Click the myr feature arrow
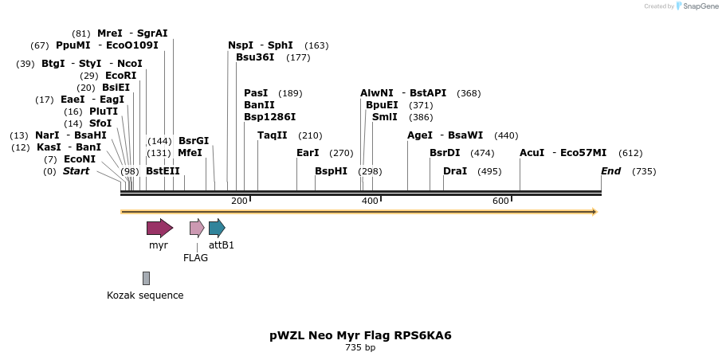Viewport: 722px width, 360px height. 159,229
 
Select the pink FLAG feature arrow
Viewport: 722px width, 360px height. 197,229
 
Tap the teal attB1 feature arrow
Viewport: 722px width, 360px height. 217,229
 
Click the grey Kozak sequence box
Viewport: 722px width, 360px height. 146,278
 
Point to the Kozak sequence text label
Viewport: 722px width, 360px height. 145,295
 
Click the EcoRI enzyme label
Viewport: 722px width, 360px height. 120,76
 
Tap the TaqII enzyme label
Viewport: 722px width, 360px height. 273,135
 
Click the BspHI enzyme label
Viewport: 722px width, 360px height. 331,171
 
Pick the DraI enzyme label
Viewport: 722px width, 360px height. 455,171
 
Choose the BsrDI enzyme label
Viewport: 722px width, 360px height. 445,153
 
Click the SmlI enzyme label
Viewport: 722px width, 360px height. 384,117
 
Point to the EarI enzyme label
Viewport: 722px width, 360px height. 308,153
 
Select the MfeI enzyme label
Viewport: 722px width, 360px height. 190,153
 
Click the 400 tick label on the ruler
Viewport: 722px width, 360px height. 370,201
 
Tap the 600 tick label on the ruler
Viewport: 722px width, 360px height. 500,201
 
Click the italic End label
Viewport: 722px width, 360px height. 610,171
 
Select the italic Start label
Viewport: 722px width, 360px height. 76,171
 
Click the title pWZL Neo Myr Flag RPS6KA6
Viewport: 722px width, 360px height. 360,335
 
